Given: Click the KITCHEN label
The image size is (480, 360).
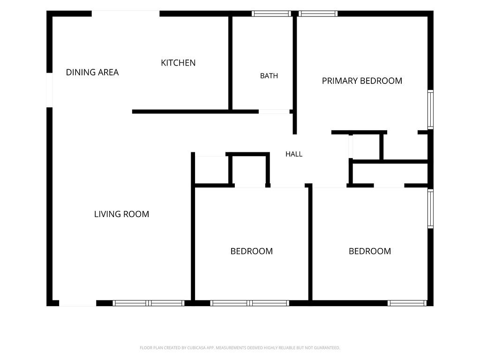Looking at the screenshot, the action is pyautogui.click(x=178, y=63).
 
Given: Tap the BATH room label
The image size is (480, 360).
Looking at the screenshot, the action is pyautogui.click(x=269, y=75).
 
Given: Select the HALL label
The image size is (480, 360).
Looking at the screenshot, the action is pyautogui.click(x=294, y=154).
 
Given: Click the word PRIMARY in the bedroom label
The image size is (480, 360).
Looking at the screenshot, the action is pyautogui.click(x=340, y=81).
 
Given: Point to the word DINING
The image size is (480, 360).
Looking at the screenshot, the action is pyautogui.click(x=79, y=72).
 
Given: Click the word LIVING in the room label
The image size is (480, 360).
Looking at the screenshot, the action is pyautogui.click(x=106, y=214).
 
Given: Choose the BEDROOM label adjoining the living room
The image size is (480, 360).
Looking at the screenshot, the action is pyautogui.click(x=252, y=251).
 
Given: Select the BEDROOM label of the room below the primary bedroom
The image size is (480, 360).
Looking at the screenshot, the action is pyautogui.click(x=370, y=251).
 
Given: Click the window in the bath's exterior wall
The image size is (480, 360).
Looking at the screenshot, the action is pyautogui.click(x=271, y=14).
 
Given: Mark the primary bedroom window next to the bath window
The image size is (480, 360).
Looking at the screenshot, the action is pyautogui.click(x=318, y=14).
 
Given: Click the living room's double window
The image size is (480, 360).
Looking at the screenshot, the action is pyautogui.click(x=149, y=303).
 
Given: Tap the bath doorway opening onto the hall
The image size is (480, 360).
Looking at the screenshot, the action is pyautogui.click(x=274, y=112).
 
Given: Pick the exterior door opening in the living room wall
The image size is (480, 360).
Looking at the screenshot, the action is pyautogui.click(x=77, y=303).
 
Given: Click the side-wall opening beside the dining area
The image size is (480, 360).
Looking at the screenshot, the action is pyautogui.click(x=49, y=90).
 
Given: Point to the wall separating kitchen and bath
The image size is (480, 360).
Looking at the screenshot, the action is pyautogui.click(x=230, y=63).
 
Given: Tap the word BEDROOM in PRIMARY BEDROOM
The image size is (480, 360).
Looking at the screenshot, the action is pyautogui.click(x=382, y=81).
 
